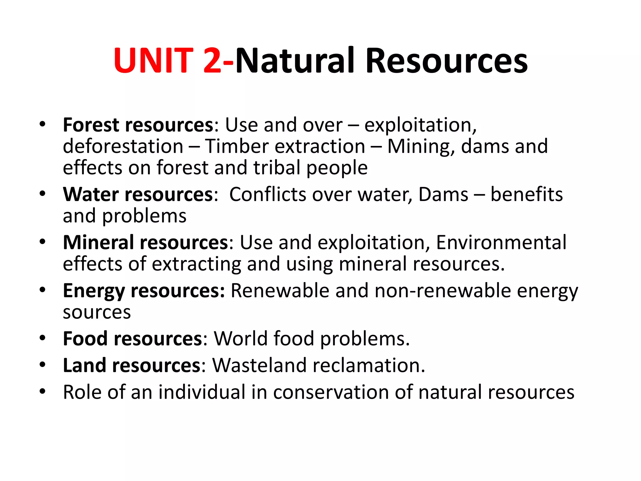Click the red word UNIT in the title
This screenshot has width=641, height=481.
(x=153, y=60)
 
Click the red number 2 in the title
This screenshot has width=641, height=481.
(x=213, y=60)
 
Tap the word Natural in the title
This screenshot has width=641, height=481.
(x=295, y=60)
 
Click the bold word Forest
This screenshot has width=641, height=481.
(x=91, y=125)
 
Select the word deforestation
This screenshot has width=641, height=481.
(x=123, y=146)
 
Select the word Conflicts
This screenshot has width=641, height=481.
(x=268, y=194)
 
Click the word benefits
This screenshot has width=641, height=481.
(x=526, y=194)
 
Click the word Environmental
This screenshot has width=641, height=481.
(x=501, y=242)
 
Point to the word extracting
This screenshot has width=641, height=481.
(x=197, y=264)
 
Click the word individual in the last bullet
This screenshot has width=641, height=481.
(x=202, y=392)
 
